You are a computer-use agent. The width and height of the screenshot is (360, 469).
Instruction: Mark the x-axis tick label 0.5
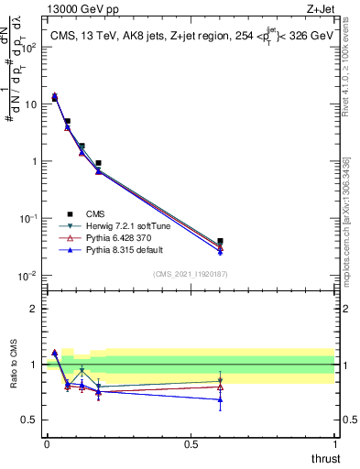click(x=191, y=444)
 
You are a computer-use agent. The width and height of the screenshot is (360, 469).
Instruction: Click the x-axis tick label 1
click(x=335, y=444)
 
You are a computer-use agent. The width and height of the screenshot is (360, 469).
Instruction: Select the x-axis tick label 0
click(x=47, y=444)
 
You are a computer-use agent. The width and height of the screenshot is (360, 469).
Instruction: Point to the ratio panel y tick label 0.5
click(x=31, y=420)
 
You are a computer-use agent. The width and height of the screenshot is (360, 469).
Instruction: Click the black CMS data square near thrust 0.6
click(x=220, y=242)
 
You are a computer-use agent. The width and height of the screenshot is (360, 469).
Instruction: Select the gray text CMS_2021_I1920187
click(x=191, y=274)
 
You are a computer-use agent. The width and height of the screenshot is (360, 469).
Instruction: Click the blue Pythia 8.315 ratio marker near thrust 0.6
click(x=220, y=399)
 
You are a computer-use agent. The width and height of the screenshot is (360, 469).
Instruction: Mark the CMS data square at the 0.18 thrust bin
click(x=98, y=163)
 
